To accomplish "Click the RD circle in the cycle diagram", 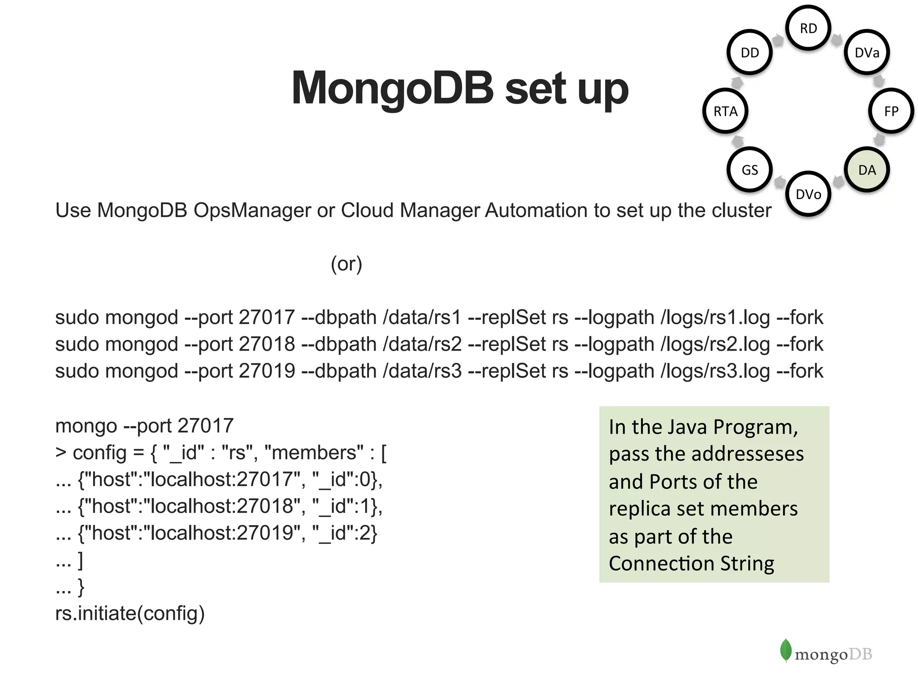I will pyautogui.click(x=808, y=28).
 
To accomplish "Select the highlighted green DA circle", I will pyautogui.click(x=867, y=170).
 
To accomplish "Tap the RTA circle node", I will pyautogui.click(x=725, y=111).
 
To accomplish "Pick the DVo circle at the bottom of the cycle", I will pyautogui.click(x=808, y=194).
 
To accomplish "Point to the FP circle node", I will pyautogui.click(x=891, y=111).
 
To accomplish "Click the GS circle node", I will pyautogui.click(x=749, y=170).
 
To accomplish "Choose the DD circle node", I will pyautogui.click(x=749, y=53).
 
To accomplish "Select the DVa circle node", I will pyautogui.click(x=867, y=53).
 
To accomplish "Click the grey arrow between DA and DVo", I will pyautogui.click(x=838, y=182).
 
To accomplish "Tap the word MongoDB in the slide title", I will pyautogui.click(x=392, y=88).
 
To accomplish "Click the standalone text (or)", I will pyautogui.click(x=346, y=264).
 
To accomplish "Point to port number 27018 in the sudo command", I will pyautogui.click(x=267, y=344).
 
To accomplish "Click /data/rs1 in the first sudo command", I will pyautogui.click(x=422, y=318).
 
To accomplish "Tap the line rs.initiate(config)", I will pyautogui.click(x=130, y=613).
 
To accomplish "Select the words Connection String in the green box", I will pyautogui.click(x=691, y=563).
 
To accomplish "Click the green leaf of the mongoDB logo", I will pyautogui.click(x=785, y=650).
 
